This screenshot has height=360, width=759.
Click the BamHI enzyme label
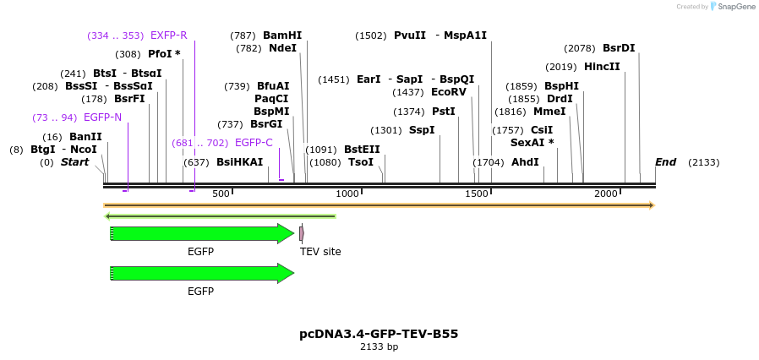coord(282,35)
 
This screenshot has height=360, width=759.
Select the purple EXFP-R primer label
coord(168,35)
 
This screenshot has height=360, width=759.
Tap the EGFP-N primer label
coord(102,117)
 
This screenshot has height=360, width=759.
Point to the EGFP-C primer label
coord(254,143)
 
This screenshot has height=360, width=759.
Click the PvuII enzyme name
coord(410,35)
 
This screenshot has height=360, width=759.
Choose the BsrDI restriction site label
coord(619,49)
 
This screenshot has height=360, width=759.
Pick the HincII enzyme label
coord(602,67)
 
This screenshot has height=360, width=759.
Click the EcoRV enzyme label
coord(449,92)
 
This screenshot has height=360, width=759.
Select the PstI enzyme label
coord(444,112)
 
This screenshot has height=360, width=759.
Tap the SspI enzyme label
coord(422,130)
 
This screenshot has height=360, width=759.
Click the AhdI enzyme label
coord(525,162)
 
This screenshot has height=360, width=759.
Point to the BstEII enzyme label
coord(362,150)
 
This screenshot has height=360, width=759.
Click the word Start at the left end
coord(74,162)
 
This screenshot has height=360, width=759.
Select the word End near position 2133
coord(665,162)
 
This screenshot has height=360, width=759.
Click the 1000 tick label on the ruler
coord(347,194)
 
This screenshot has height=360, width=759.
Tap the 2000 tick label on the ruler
coord(606,194)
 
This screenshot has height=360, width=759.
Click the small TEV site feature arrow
coord(302,232)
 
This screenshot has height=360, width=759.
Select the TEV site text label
coord(320,251)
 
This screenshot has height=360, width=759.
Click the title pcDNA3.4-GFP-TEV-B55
coord(379,334)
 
